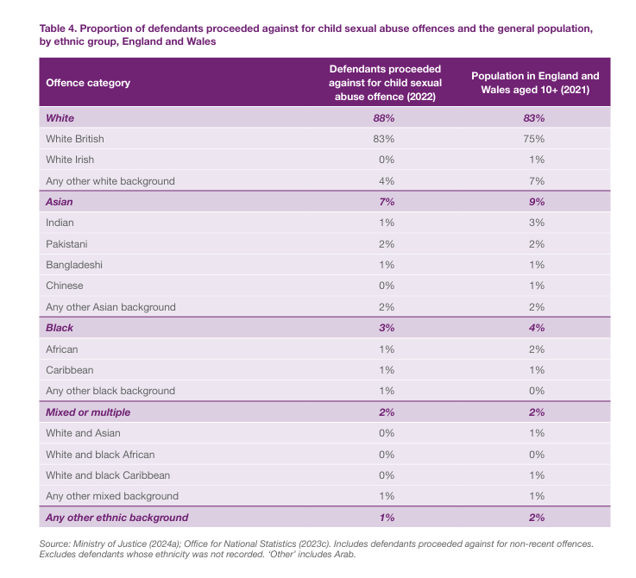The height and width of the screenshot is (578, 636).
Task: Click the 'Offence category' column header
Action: pos(88,83)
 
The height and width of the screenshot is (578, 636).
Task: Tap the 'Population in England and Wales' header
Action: pos(535,83)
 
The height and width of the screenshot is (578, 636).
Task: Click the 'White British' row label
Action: pos(75,138)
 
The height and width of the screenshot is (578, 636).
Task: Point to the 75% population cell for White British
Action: pos(535,138)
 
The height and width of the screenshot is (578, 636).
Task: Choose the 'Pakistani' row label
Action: pos(66,243)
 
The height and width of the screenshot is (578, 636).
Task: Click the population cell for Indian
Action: pos(535,223)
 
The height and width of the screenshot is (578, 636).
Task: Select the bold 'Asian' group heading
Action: pos(60,201)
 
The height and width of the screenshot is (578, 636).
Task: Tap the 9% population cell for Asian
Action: pos(535,201)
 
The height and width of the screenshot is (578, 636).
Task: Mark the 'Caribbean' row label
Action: pos(69,370)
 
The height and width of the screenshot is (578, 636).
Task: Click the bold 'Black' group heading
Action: pos(60,328)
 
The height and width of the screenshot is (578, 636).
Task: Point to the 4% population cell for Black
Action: pos(535,328)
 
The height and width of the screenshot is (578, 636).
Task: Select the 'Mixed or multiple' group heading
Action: pos(88,412)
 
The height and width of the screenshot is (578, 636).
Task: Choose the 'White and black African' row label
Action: pos(100,455)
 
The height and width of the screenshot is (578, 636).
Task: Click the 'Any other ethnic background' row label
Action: pos(117,518)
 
